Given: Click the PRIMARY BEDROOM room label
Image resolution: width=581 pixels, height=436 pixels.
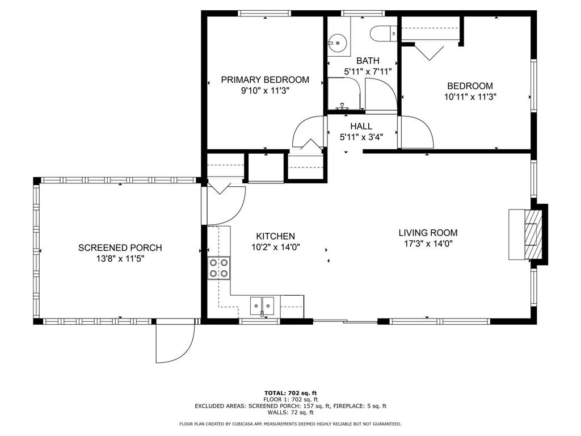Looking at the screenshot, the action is pos(265,79).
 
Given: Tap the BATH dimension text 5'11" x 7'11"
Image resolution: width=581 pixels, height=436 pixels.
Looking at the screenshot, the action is pos(368,72).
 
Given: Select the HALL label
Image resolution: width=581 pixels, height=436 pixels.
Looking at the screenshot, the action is pos(361,127).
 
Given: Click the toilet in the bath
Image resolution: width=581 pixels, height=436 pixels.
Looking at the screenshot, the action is pos(384,33).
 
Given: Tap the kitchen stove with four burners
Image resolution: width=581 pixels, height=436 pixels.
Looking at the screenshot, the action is pos(218,268).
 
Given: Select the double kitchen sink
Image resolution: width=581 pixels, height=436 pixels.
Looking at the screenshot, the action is pos(262,306).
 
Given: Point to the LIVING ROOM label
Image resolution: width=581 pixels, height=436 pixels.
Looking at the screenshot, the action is pos(428,233).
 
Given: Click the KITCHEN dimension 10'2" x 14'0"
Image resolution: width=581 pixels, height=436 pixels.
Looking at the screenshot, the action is pos(276,247).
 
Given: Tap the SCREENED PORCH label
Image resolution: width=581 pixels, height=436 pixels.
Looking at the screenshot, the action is pos(120,248).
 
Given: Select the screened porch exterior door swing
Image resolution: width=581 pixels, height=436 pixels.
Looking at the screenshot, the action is pos(175,341).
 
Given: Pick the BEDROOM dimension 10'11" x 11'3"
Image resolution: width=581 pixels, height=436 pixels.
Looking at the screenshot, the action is pos(470,97).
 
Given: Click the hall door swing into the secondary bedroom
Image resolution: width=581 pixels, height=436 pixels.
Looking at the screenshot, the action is pos(415,132).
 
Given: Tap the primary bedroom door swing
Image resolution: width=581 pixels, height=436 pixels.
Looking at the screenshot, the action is pos(308,132).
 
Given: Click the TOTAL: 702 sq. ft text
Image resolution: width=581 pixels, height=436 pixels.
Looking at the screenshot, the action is pos(290,393).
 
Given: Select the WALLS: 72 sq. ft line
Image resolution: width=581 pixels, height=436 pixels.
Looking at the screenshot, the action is pos(290,412).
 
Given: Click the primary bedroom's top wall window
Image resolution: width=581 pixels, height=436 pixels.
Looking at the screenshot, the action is pos(264,14).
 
